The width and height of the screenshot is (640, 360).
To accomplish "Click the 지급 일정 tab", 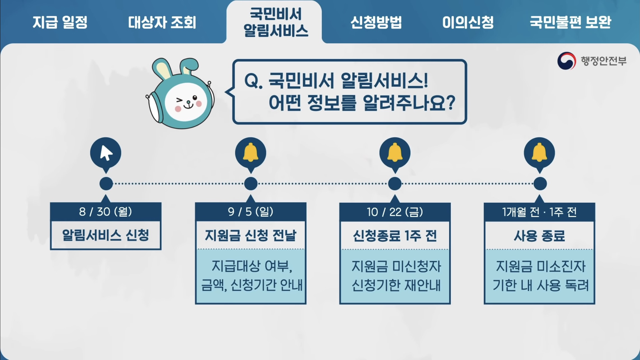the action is click(60, 22).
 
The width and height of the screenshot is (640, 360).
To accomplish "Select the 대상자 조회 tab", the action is click(162, 22).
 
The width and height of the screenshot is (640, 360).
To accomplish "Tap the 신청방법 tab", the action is click(376, 22).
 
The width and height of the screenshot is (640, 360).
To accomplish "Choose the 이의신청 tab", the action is click(468, 22).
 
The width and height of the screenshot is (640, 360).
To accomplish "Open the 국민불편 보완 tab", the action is click(570, 22).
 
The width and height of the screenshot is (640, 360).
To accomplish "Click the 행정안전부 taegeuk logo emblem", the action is click(566, 61).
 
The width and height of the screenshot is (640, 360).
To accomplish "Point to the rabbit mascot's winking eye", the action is click(179, 100).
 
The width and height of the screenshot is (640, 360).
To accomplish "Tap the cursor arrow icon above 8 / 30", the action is click(106, 153).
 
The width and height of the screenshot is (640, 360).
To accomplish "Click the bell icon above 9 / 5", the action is click(251, 153).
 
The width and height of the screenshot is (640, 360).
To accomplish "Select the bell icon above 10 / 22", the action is click(395, 153).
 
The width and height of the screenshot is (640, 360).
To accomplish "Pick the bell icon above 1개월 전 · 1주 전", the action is click(539, 153).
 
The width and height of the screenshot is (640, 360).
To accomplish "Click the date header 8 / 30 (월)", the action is click(106, 212).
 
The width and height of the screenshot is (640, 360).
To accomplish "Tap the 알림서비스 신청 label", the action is click(106, 235).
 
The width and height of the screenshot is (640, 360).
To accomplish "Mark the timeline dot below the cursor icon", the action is click(106, 184).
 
